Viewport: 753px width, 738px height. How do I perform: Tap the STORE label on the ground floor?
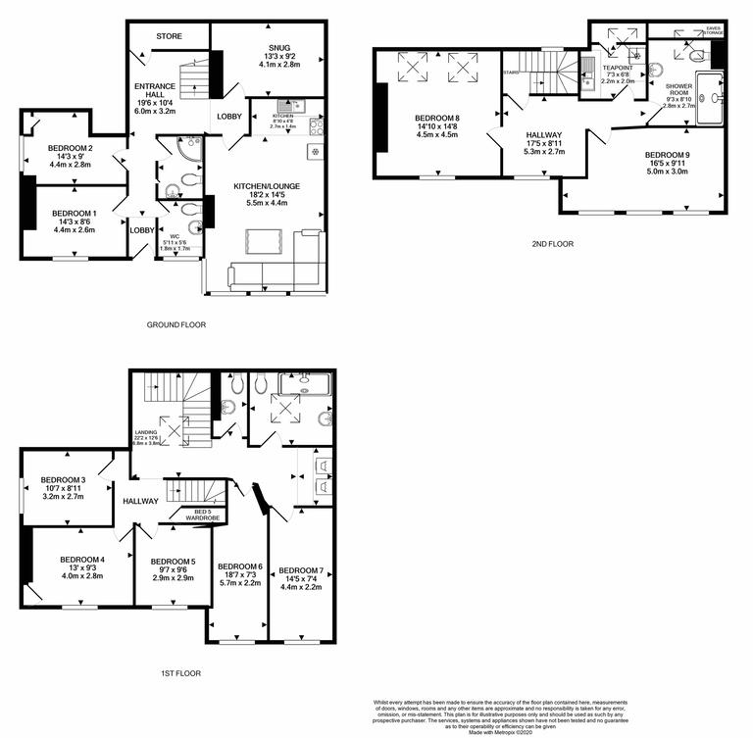[x=169, y=37]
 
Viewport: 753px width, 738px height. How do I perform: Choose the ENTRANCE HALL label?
[x=153, y=89]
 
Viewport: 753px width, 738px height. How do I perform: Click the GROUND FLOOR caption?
[x=176, y=324]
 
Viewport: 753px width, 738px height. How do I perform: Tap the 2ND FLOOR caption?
[x=552, y=244]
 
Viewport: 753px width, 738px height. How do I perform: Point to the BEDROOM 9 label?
[x=667, y=155]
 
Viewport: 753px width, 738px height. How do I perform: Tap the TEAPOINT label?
[x=618, y=67]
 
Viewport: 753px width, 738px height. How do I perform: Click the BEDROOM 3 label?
[x=64, y=479]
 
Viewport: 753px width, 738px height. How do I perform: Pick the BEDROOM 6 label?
[x=240, y=566]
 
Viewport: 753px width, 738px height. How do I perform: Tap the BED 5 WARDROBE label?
[x=205, y=515]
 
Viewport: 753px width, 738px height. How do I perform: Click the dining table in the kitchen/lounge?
[x=263, y=239]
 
